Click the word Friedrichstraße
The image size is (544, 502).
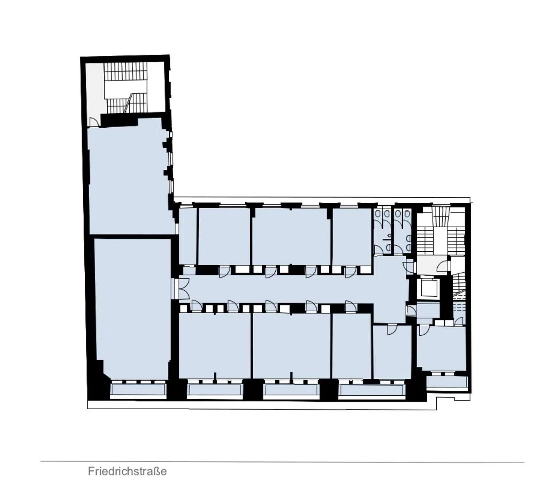127,471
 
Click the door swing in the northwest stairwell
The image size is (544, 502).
94,122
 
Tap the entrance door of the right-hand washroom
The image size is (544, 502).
399,250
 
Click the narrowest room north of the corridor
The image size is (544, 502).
187,236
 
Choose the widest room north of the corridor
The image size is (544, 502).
291,236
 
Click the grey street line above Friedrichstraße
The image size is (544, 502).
282,462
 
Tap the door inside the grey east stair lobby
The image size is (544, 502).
442,266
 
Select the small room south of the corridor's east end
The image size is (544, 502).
392,351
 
